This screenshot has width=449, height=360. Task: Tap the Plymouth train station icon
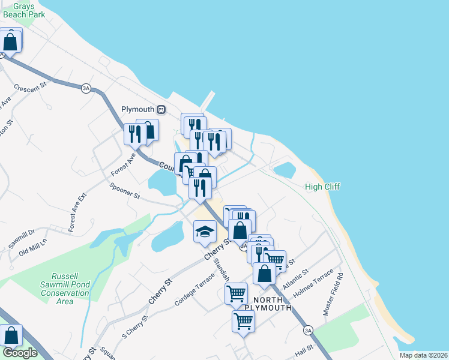coord(161,109)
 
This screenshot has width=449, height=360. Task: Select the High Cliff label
coord(322,187)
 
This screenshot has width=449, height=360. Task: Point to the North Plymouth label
coord(272,304)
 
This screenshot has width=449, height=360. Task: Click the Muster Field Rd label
coord(333,294)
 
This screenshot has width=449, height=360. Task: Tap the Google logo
coord(20,353)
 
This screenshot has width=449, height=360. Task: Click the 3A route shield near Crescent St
coord(86,88)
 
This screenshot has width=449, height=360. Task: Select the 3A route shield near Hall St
coord(308,330)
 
